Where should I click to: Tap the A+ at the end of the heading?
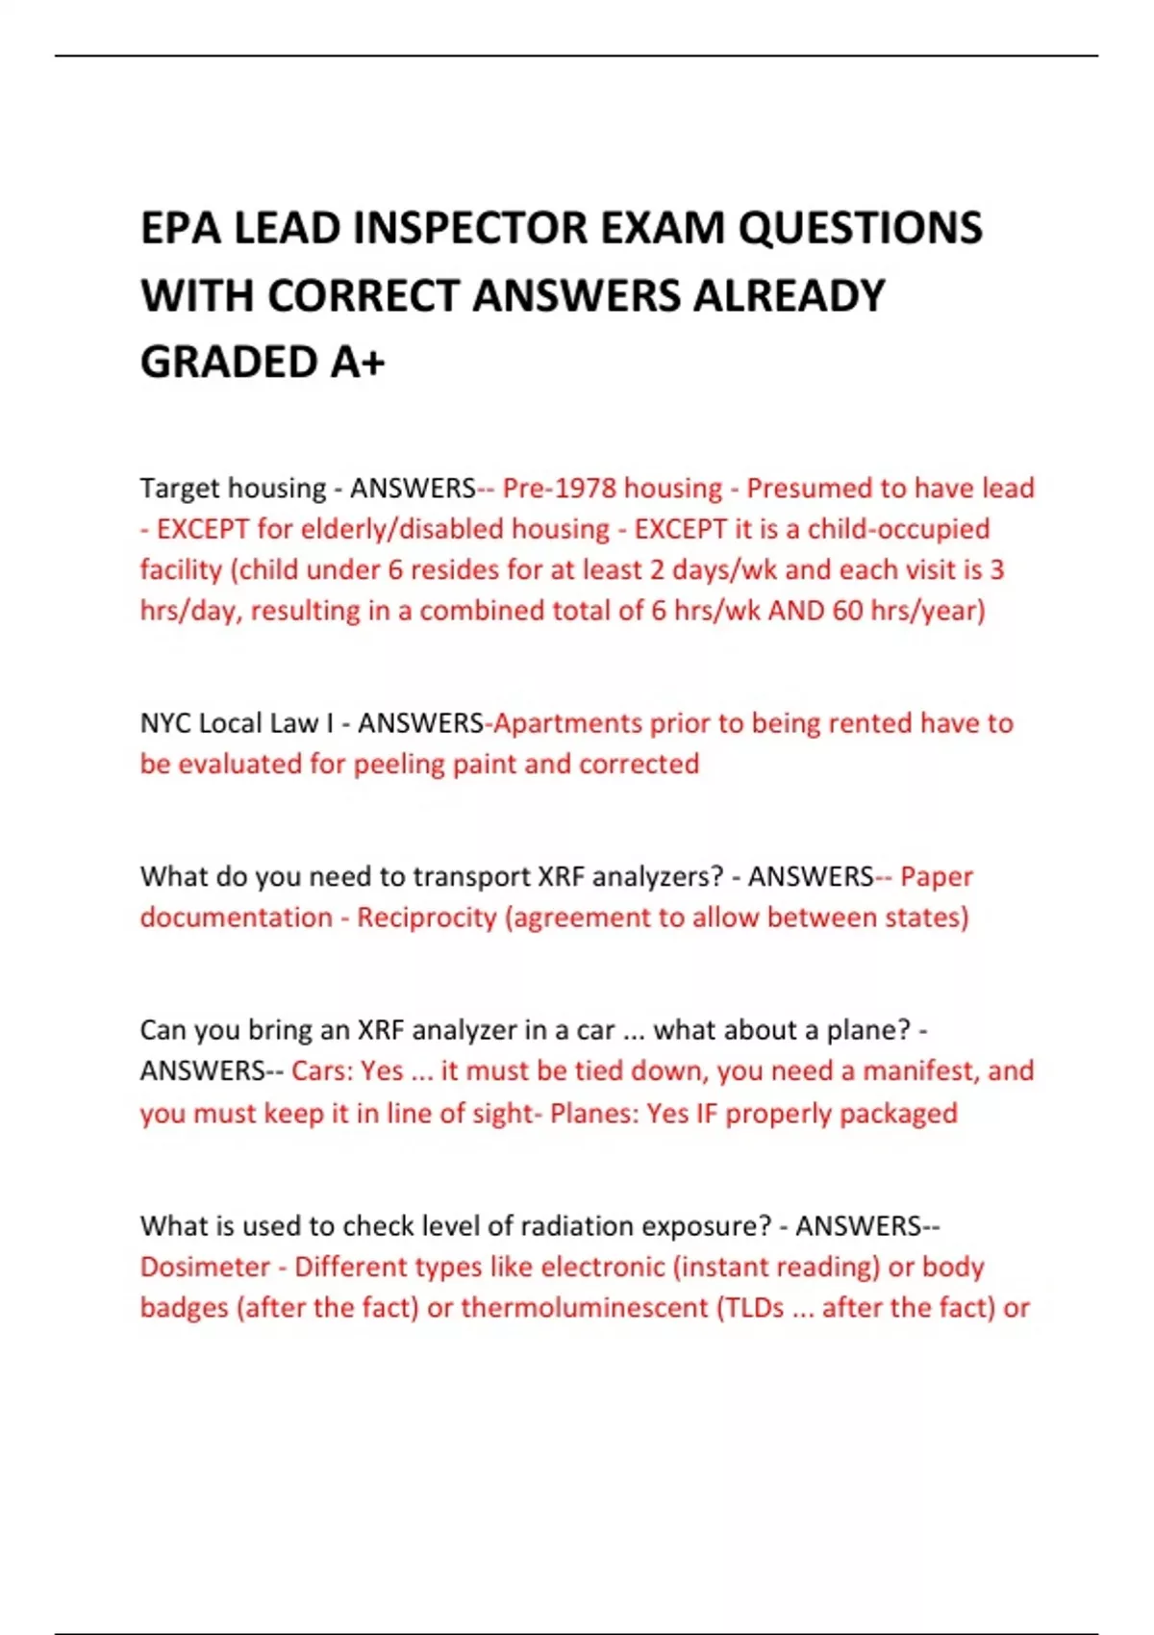point(357,363)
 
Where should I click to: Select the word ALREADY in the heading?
point(789,296)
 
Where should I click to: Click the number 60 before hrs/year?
point(847,611)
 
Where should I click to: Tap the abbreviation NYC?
point(164,723)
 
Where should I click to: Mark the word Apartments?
point(566,723)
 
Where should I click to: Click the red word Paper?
point(937,877)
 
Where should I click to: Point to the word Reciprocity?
point(426,918)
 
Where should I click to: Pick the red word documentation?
point(236,918)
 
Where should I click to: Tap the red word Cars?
point(321,1071)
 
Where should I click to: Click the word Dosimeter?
point(205,1267)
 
